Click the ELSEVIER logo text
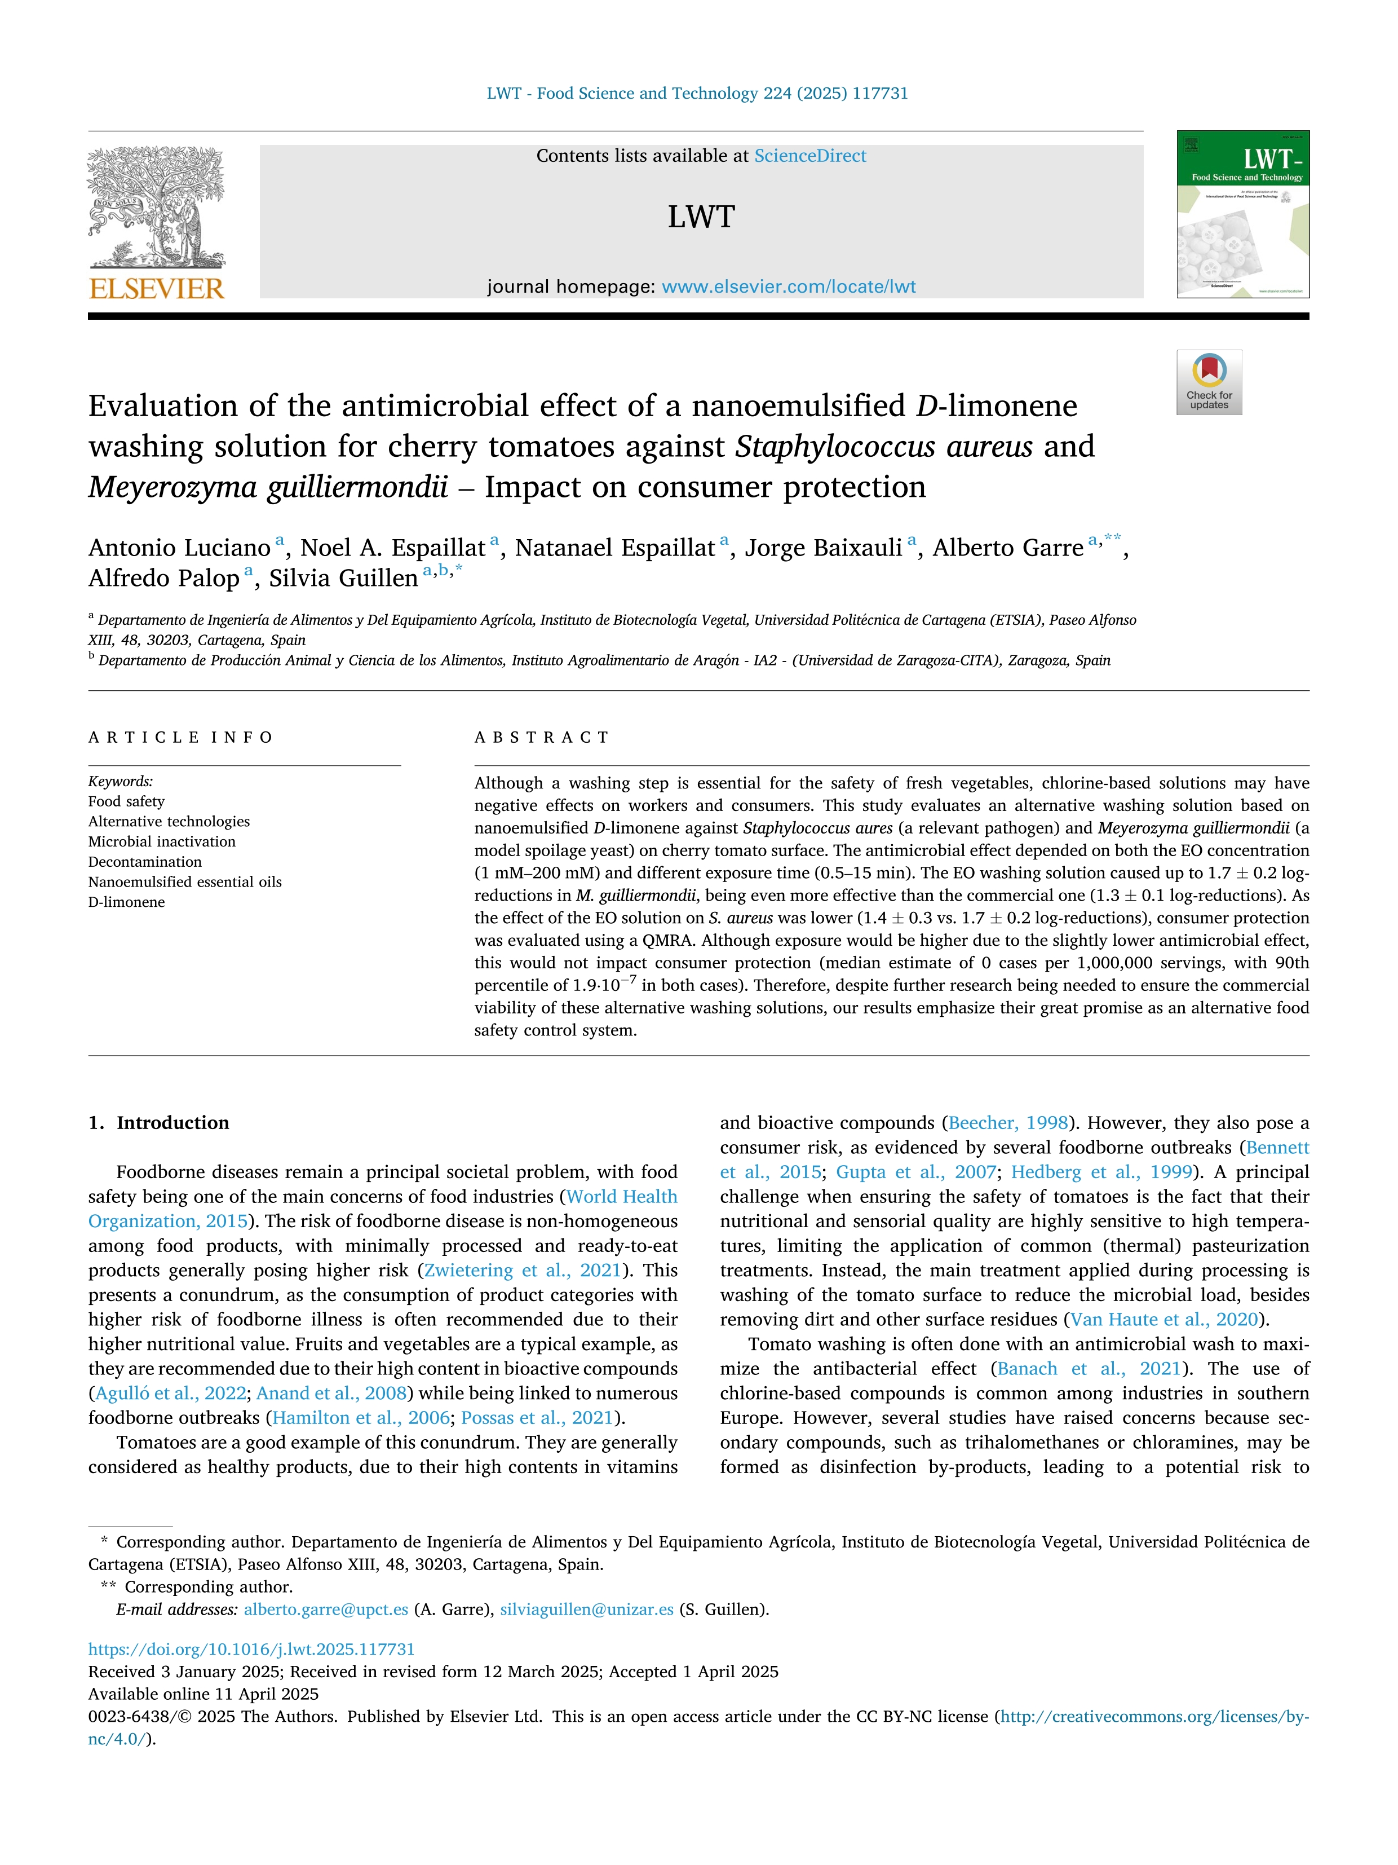click(157, 289)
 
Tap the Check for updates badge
click(1209, 382)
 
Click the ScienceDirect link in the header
click(810, 156)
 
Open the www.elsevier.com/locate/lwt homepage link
click(788, 286)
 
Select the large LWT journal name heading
click(701, 218)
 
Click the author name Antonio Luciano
click(179, 548)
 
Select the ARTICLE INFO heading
click(180, 738)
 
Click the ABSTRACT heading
click(542, 738)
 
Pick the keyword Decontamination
click(145, 862)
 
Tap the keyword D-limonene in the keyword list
click(126, 902)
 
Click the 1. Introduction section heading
click(160, 1123)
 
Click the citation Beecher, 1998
click(1008, 1123)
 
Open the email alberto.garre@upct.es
click(325, 1610)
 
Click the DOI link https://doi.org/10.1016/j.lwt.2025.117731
click(251, 1649)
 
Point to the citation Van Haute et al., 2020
click(1163, 1320)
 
